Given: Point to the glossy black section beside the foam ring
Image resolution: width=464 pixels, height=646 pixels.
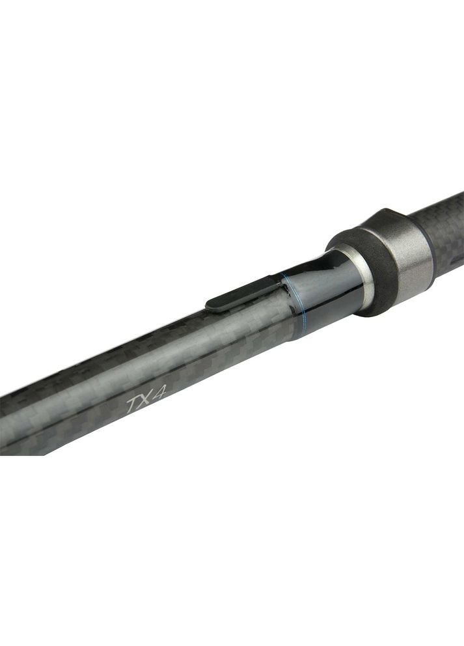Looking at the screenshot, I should [329, 293].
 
